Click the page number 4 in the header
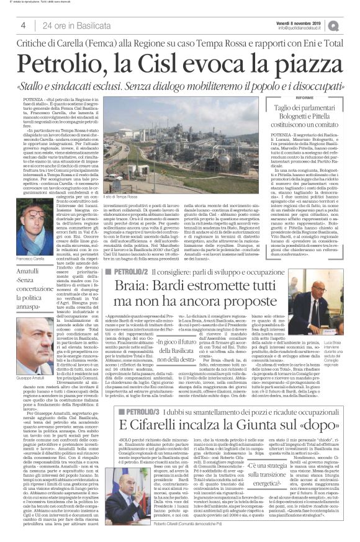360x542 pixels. coord(23,25)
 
